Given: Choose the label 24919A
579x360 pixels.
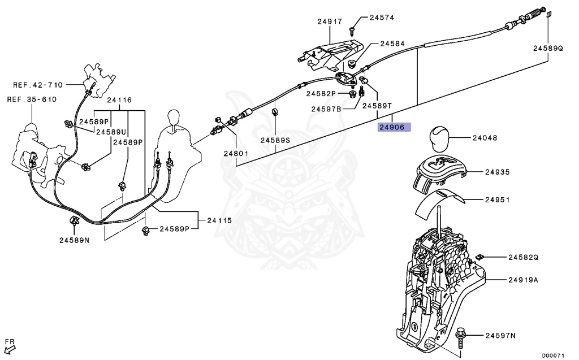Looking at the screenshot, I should coord(522,280).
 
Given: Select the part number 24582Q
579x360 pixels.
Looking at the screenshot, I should coord(522,257).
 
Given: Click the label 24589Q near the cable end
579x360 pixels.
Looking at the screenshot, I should coord(547,49).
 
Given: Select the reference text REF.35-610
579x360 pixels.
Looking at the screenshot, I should coord(32,99).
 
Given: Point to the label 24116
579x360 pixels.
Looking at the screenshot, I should coord(119,100).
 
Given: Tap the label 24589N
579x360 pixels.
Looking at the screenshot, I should coord(74,240).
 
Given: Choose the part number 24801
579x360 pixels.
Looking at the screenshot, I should coord(235,153).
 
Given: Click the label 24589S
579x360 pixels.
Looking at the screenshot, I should coord(275,140).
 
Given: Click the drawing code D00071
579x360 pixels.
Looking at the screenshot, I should coord(554,355).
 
